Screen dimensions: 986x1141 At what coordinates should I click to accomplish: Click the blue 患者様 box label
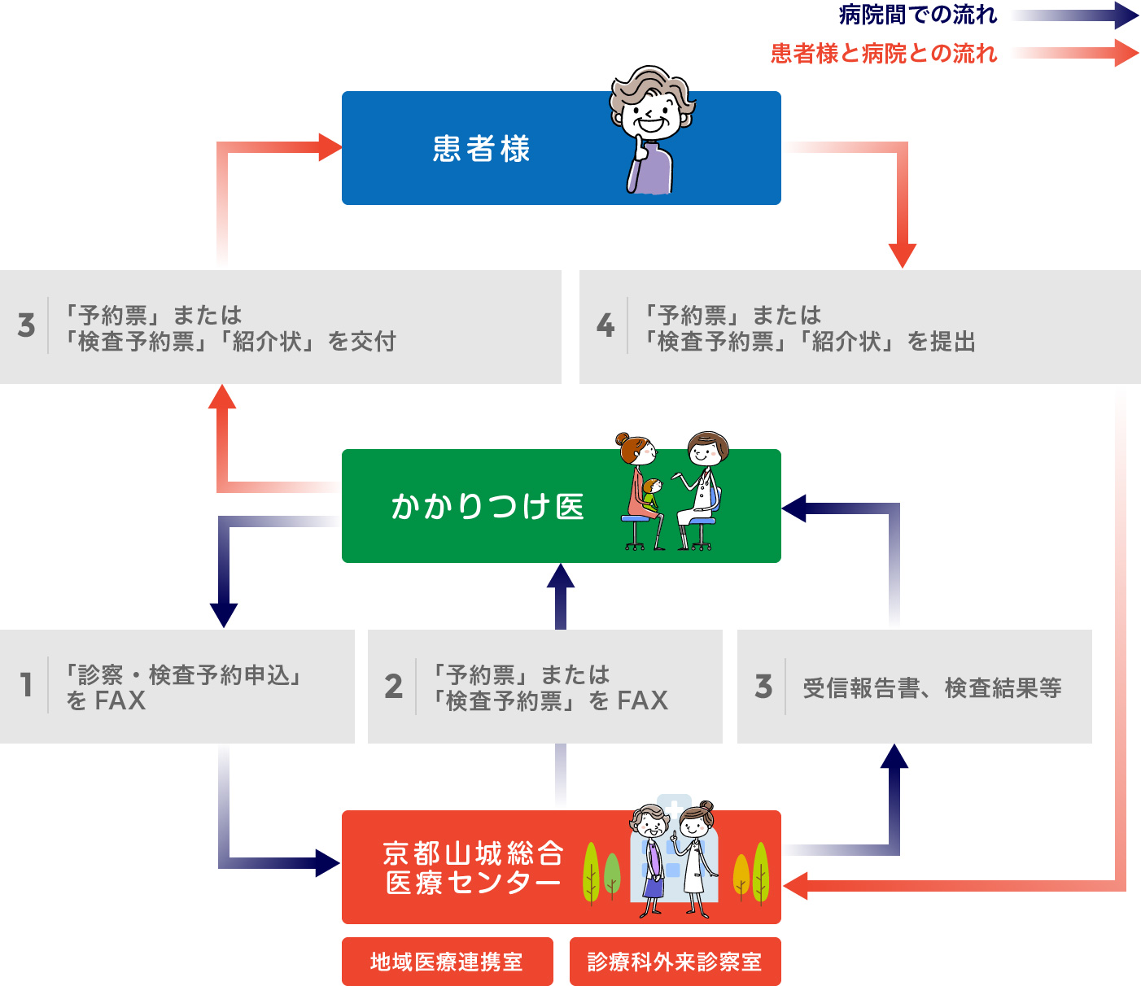481,149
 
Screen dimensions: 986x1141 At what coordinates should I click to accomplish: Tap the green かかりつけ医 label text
487,506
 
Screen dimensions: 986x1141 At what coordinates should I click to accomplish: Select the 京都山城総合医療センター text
473,868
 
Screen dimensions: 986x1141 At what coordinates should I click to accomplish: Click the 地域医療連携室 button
447,962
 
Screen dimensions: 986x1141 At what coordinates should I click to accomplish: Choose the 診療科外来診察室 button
675,962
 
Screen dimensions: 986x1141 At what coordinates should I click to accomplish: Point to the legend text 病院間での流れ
917,15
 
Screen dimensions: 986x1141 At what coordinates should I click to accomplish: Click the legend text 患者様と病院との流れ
884,54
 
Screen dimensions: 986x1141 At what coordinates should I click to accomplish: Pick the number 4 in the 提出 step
605,326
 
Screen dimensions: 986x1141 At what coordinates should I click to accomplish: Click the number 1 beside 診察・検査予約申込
26,685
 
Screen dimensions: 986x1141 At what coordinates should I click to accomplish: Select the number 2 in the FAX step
394,687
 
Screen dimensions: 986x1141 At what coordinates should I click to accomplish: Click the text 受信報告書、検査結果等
932,688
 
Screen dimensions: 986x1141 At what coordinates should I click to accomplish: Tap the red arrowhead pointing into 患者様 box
329,147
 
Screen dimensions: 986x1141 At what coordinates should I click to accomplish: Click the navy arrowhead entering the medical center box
327,863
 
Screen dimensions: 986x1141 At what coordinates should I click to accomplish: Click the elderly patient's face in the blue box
651,114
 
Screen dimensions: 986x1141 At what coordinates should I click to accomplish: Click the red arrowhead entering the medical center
795,885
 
